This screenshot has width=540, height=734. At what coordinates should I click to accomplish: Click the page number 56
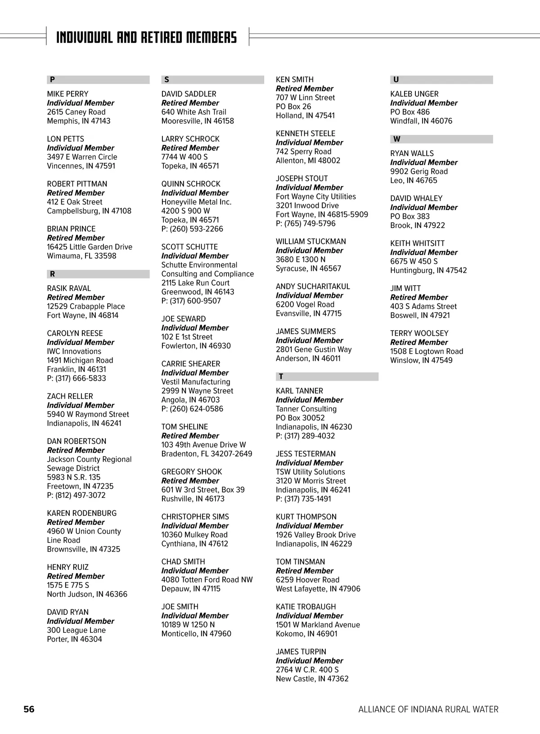click(29, 709)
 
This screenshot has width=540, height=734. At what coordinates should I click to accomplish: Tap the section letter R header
click(53, 274)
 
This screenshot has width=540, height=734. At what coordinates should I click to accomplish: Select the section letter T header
click(281, 376)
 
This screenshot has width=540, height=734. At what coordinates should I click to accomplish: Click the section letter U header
click(396, 80)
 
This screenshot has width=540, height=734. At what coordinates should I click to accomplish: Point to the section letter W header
click(396, 139)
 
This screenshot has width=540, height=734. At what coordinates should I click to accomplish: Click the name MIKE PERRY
click(67, 94)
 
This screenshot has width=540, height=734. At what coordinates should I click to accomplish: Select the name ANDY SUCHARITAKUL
click(313, 286)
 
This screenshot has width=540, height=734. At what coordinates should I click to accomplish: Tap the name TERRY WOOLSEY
click(419, 333)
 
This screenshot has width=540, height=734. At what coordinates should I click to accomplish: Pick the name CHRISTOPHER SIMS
click(195, 517)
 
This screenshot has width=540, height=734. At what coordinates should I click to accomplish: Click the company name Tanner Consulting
click(306, 409)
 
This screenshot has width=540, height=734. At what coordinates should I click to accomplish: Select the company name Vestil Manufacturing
click(196, 382)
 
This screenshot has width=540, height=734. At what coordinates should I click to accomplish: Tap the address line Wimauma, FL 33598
click(81, 256)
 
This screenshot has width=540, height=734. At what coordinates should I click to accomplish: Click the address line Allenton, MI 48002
click(308, 161)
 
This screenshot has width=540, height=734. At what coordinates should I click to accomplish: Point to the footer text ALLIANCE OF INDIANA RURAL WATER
click(428, 709)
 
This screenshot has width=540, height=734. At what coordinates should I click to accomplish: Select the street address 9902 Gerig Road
click(419, 171)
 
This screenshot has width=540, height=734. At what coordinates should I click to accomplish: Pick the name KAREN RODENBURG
click(81, 513)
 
